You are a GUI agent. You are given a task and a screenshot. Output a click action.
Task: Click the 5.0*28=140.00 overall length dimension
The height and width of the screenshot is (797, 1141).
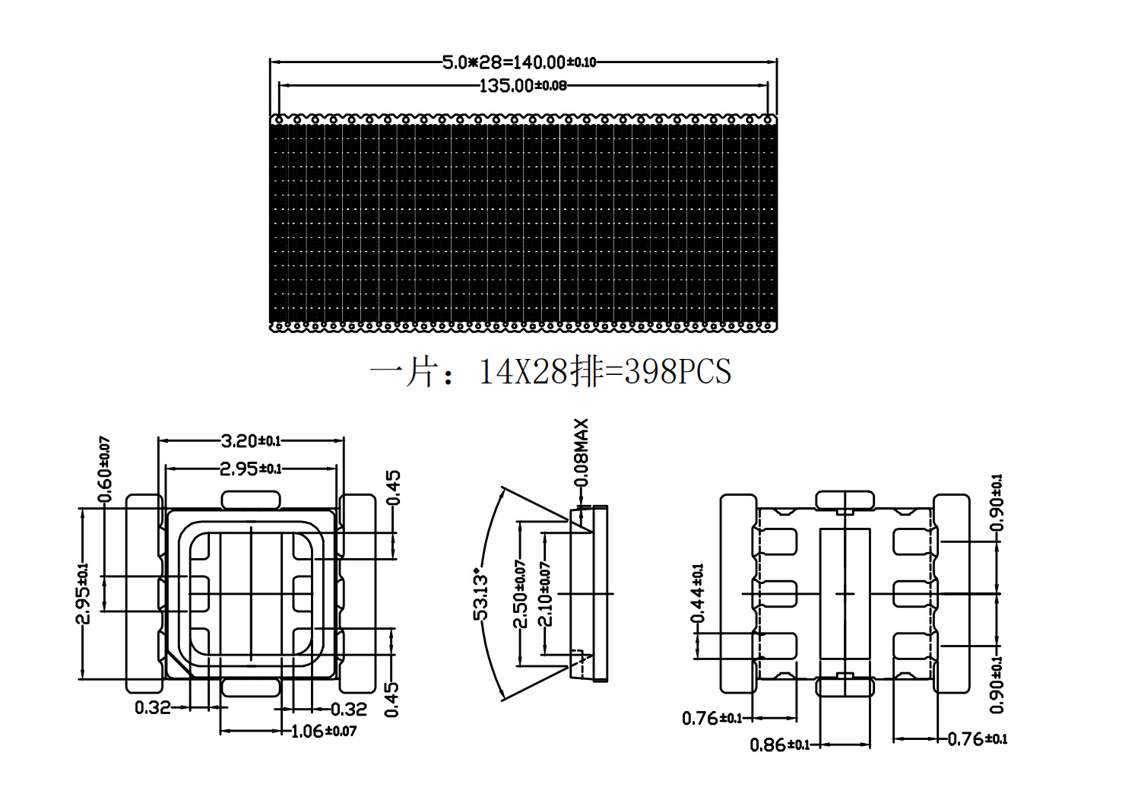(519, 62)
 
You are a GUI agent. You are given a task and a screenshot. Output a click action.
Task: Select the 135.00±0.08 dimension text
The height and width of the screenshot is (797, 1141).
(522, 85)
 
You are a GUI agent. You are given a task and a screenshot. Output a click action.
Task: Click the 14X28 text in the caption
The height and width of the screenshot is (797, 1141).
(523, 372)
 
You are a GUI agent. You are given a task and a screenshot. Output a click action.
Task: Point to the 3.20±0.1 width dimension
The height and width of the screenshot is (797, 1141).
(250, 440)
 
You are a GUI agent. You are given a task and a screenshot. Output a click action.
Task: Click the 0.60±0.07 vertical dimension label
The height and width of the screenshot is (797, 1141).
(105, 469)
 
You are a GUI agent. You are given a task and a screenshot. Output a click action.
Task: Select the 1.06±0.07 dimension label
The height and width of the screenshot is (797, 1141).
(324, 731)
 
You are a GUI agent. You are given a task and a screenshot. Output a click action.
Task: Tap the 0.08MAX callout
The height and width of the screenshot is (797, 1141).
(582, 452)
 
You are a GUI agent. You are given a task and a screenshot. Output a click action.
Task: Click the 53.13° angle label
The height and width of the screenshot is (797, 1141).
(481, 593)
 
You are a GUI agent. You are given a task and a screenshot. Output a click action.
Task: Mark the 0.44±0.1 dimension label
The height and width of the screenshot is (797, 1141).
(697, 593)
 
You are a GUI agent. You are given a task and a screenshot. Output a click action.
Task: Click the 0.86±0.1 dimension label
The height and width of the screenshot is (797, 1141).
(780, 745)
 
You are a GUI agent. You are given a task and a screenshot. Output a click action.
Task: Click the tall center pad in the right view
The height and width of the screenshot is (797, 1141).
(845, 592)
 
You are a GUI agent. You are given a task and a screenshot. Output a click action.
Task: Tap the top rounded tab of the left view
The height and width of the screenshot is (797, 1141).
(250, 500)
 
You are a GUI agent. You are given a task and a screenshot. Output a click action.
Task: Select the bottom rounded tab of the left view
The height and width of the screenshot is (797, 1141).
(250, 687)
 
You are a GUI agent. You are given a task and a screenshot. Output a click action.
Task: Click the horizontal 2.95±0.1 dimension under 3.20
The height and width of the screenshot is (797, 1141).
(250, 468)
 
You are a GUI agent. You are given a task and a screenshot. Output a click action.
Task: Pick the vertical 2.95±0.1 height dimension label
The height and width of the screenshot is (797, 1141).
(82, 593)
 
